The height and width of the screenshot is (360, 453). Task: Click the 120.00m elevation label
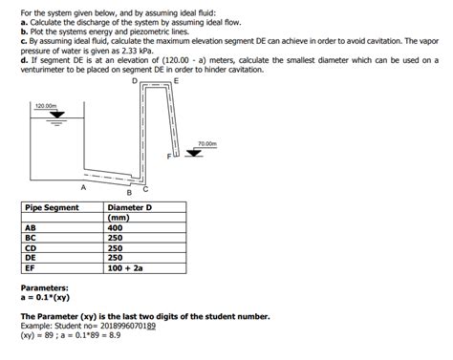(x=47, y=105)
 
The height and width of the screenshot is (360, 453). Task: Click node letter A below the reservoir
(x=83, y=189)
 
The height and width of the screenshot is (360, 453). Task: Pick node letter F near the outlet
(x=168, y=155)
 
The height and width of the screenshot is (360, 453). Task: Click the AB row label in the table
(x=31, y=228)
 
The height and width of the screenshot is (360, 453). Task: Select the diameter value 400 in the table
(x=116, y=228)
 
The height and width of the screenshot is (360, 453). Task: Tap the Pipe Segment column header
(x=52, y=207)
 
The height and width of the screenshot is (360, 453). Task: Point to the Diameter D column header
(x=130, y=207)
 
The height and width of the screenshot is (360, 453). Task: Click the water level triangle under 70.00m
(x=208, y=153)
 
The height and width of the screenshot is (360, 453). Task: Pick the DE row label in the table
(x=31, y=257)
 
